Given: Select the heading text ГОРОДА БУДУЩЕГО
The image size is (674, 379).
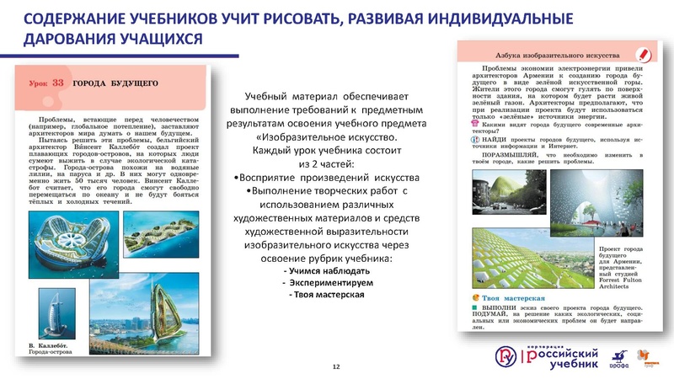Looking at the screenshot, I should [x=111, y=83].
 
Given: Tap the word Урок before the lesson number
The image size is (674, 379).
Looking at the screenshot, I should [x=36, y=83].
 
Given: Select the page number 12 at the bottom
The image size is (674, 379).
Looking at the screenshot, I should [x=336, y=366].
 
